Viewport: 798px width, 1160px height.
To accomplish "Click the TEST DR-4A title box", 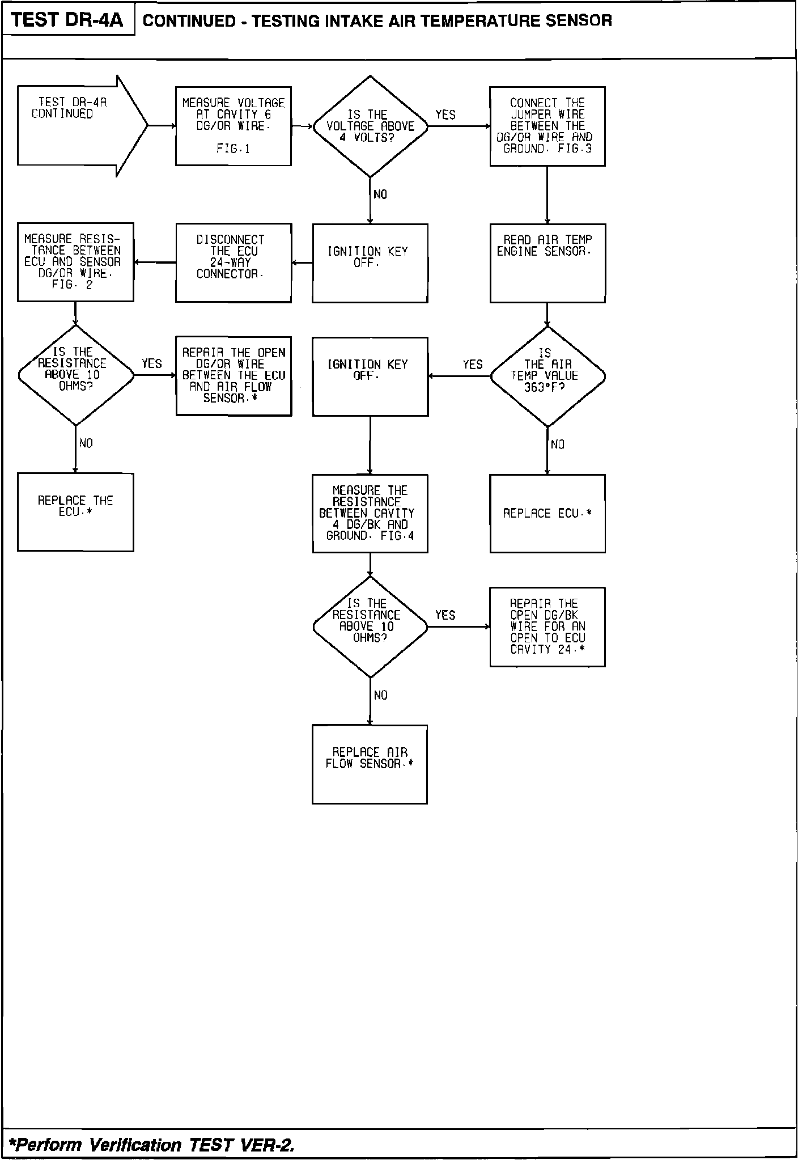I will [68, 20].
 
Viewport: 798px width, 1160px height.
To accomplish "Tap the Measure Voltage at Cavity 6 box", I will [234, 126].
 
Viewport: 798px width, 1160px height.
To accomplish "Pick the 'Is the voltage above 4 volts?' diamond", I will [370, 126].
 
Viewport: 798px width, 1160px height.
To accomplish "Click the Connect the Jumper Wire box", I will [547, 126].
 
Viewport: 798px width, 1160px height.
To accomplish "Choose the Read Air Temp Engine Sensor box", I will [547, 263].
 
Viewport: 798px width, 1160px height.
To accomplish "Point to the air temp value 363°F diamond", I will [547, 376].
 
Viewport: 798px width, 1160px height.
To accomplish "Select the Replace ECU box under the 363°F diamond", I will [547, 513].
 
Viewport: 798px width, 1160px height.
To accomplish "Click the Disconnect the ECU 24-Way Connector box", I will [234, 263].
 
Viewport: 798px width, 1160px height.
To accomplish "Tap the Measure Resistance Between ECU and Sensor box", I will [75, 262].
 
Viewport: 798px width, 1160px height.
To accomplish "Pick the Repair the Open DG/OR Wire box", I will [234, 376].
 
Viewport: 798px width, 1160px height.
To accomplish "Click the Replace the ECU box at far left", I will [75, 512].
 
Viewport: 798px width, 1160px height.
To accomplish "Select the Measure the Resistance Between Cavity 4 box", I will [370, 513].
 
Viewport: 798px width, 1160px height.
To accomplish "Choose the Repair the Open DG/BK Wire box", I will [547, 626].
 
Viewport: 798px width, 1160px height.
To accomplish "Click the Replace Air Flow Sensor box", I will [370, 764].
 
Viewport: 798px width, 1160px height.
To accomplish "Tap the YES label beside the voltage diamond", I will [445, 115].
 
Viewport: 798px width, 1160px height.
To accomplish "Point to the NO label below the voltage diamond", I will [380, 195].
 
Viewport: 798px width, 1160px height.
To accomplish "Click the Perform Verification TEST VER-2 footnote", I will [153, 1145].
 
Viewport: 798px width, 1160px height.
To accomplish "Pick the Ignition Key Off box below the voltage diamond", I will [370, 263].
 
